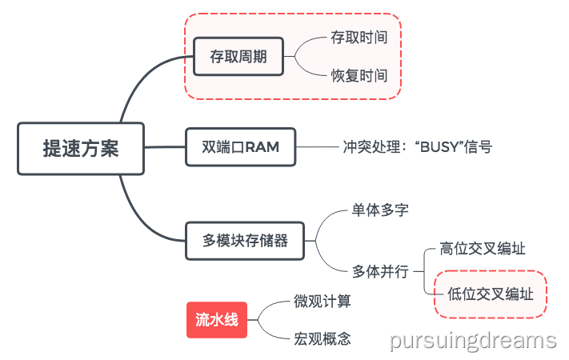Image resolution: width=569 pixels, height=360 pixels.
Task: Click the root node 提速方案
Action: tap(81, 149)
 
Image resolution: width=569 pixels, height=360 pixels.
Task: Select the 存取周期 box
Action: tap(238, 58)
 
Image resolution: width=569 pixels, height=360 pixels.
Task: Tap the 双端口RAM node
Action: tap(240, 146)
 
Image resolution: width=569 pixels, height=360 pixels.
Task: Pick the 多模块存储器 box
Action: tap(245, 239)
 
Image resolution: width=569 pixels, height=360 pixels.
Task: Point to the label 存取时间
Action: tap(359, 38)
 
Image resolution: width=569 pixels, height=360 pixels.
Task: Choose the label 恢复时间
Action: tap(359, 77)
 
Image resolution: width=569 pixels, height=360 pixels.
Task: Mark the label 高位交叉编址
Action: tap(483, 249)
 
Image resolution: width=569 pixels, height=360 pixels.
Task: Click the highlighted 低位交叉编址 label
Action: tap(490, 294)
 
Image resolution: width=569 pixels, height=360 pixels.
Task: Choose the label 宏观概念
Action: tap(322, 338)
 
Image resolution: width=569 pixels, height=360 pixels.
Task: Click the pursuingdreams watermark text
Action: tap(473, 341)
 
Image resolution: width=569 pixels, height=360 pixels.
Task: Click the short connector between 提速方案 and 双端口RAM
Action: tap(165, 147)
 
